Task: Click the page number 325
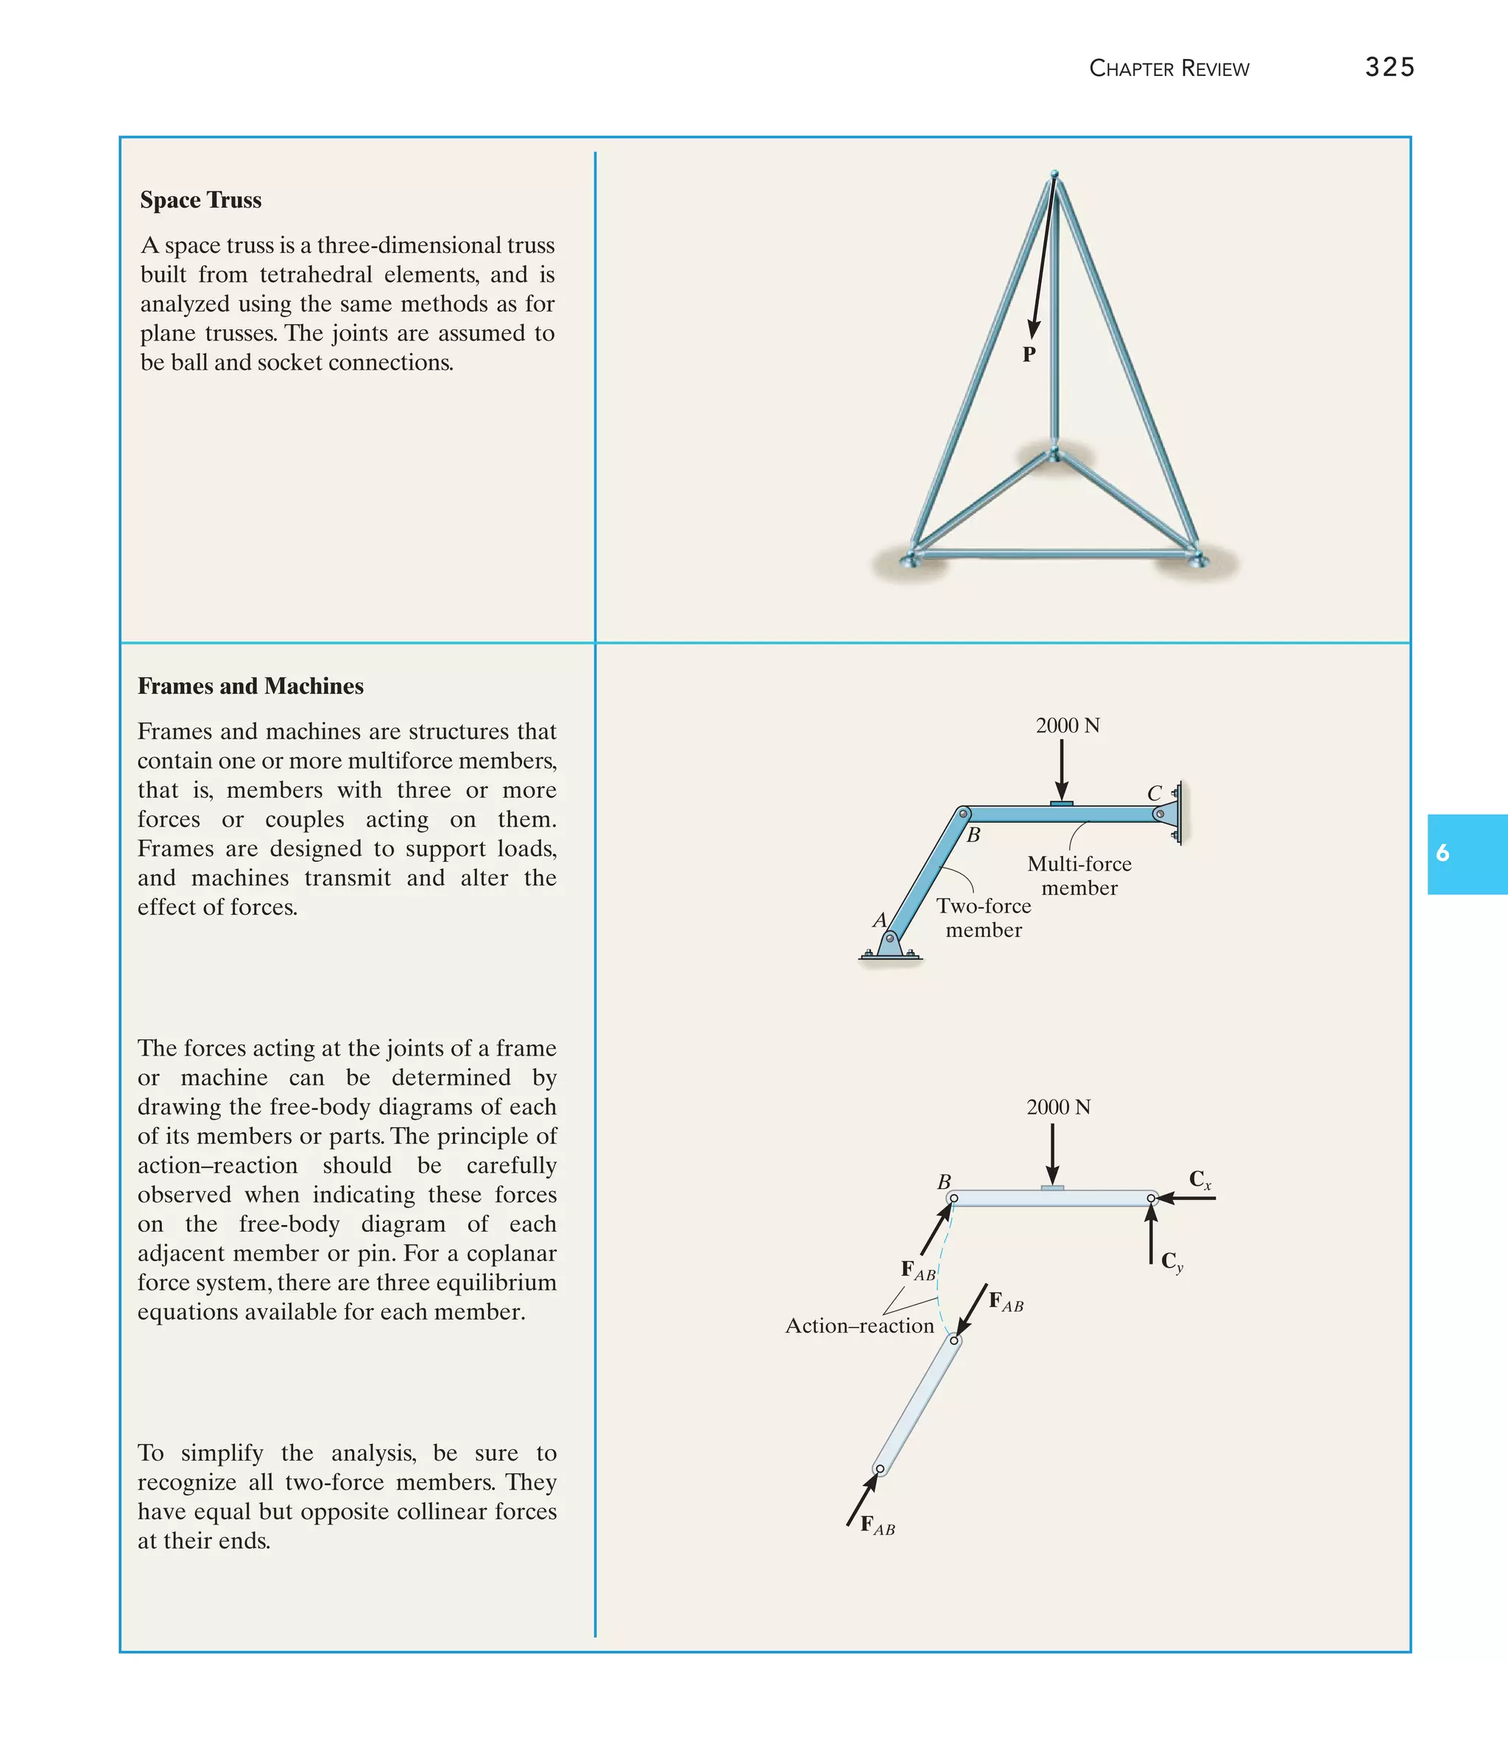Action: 1389,67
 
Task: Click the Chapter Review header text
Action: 1169,69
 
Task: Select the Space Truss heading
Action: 200,200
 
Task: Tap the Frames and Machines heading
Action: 250,687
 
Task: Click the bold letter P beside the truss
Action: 1028,355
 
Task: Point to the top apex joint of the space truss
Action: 1054,175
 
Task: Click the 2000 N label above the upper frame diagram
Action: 1067,726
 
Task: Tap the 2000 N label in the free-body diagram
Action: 1057,1107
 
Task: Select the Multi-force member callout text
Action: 1079,875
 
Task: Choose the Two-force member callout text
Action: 984,918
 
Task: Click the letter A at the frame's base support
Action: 878,919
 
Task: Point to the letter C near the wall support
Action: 1154,793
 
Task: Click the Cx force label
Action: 1199,1179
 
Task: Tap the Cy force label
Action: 1171,1261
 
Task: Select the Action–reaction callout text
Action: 859,1326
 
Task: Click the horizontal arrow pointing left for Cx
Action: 1187,1199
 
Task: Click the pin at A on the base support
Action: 889,938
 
